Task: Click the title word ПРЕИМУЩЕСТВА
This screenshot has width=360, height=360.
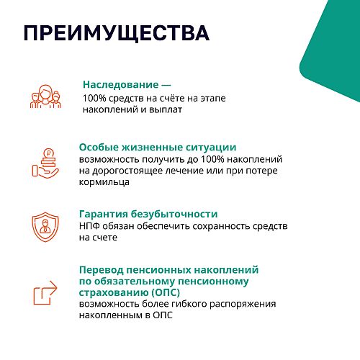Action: pos(117,33)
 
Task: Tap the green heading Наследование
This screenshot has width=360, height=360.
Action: pos(121,84)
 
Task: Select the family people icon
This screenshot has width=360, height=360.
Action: pos(45,96)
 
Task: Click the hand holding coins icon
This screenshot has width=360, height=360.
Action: pos(45,163)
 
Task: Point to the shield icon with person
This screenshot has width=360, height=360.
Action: pos(45,227)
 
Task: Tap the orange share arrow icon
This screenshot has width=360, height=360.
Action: pos(45,292)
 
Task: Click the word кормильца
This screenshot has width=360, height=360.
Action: pos(104,182)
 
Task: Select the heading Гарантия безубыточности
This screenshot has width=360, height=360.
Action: pos(148,214)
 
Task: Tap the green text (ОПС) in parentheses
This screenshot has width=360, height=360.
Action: pos(166,292)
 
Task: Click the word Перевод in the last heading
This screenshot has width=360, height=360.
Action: pos(102,270)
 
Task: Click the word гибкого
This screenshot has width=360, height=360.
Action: pos(189,304)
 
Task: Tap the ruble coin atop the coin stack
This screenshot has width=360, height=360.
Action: pos(49,153)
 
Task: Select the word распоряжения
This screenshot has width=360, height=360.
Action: pos(243,304)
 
